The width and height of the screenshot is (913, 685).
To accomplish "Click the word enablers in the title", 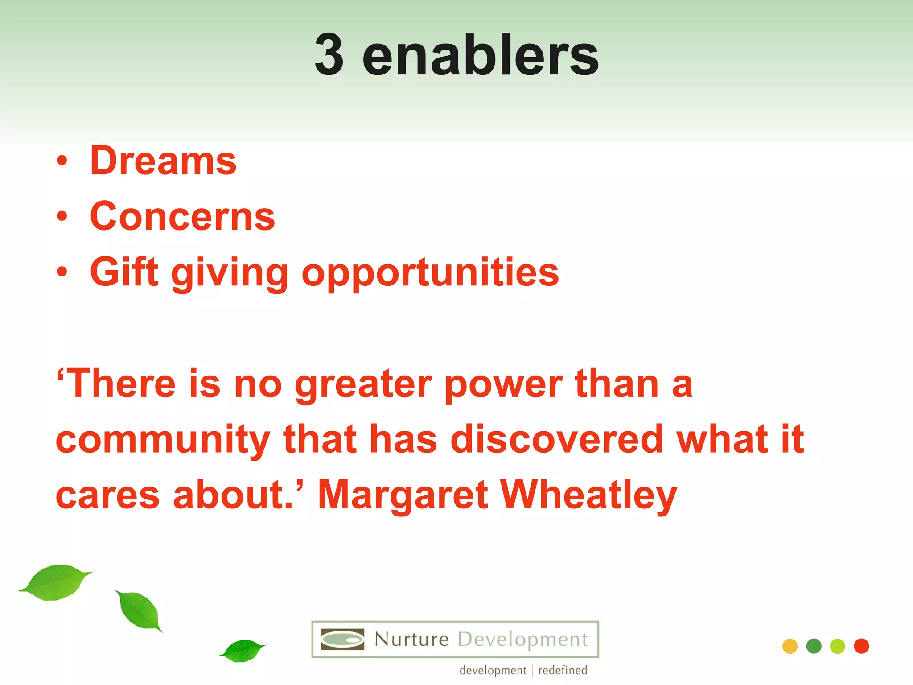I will [480, 55].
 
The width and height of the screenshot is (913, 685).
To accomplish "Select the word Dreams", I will [163, 161].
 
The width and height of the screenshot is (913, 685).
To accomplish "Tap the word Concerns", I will [182, 217].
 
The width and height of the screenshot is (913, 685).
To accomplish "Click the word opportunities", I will [430, 273].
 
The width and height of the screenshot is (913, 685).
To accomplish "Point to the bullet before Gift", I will [62, 272].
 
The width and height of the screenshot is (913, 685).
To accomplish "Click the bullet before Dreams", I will [62, 161].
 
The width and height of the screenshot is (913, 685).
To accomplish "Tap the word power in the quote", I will [503, 384].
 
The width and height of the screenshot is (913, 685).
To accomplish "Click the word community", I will [163, 441].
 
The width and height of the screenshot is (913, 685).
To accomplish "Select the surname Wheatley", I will [588, 496].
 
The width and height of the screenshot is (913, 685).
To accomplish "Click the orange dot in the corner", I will [790, 646].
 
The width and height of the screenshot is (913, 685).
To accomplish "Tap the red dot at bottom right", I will [861, 646].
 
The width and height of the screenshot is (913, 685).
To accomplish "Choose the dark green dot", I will [814, 646].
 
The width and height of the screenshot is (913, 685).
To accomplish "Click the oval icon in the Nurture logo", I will [342, 640].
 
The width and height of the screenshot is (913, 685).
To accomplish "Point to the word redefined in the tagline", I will [563, 670].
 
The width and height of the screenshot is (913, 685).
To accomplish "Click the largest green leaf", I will [56, 582].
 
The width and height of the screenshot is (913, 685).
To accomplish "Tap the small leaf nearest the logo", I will [242, 651].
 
